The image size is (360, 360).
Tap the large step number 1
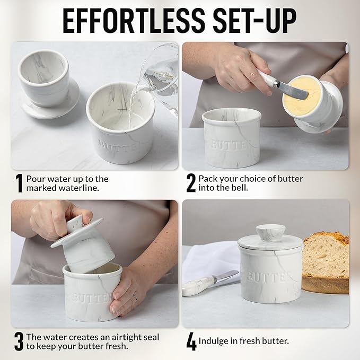tap(19, 183)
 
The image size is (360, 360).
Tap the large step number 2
tap(191, 183)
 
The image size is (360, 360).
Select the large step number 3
tap(19, 341)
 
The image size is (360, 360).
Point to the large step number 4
tap(191, 341)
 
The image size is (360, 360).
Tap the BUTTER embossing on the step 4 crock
tap(269, 277)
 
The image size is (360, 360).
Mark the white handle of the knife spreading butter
tap(267, 79)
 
